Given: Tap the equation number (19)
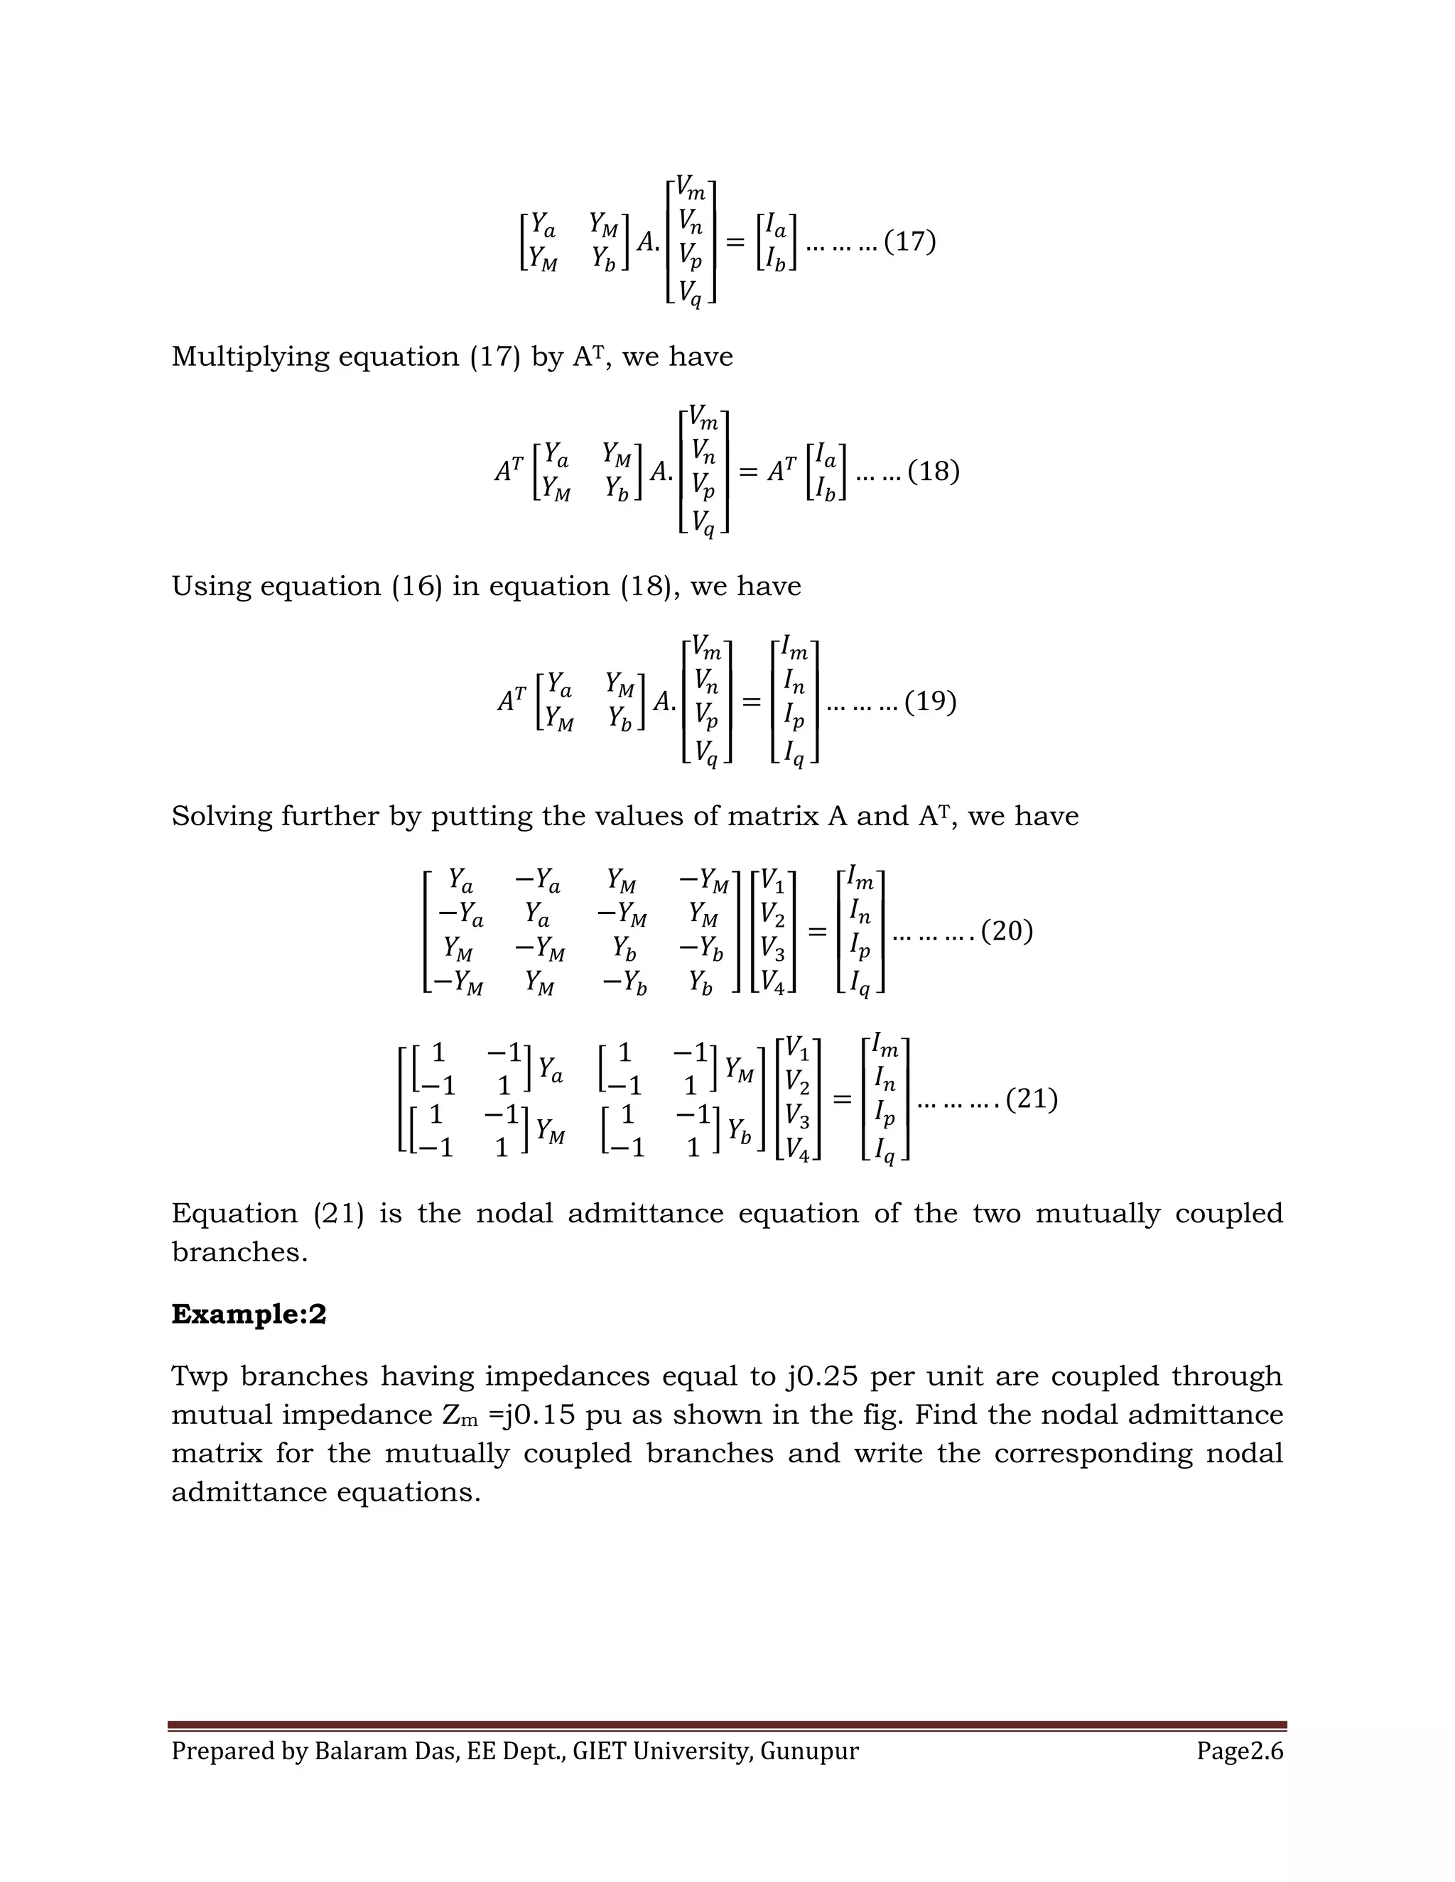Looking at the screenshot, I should click(x=931, y=702).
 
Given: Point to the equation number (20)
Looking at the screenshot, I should click(x=1007, y=932).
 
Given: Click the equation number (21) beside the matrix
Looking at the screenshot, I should click(x=1032, y=1099).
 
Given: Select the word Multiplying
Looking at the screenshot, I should click(x=248, y=357).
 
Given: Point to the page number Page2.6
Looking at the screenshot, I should click(x=1240, y=1751).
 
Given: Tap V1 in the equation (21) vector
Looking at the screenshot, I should click(x=797, y=1050).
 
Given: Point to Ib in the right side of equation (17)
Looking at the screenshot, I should click(x=776, y=259).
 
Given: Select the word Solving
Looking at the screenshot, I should click(x=222, y=816).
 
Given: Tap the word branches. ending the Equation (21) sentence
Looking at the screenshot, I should click(x=239, y=1252).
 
